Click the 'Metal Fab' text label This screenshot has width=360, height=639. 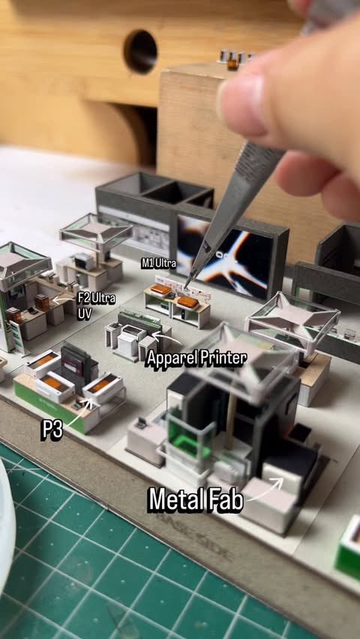click(x=196, y=499)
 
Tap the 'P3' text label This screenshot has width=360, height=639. click(x=52, y=430)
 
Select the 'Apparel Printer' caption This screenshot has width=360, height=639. click(x=196, y=358)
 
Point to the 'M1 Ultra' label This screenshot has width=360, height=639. click(x=159, y=264)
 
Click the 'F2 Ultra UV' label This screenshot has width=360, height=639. click(x=96, y=304)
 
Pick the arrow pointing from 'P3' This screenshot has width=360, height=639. click(x=79, y=412)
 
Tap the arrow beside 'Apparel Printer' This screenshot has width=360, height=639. click(x=166, y=337)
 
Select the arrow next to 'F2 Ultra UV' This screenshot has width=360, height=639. click(x=64, y=300)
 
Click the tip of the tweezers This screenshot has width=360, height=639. click(x=186, y=286)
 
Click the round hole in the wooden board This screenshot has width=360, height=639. click(x=141, y=52)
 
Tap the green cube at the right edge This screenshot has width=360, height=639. click(x=349, y=551)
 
